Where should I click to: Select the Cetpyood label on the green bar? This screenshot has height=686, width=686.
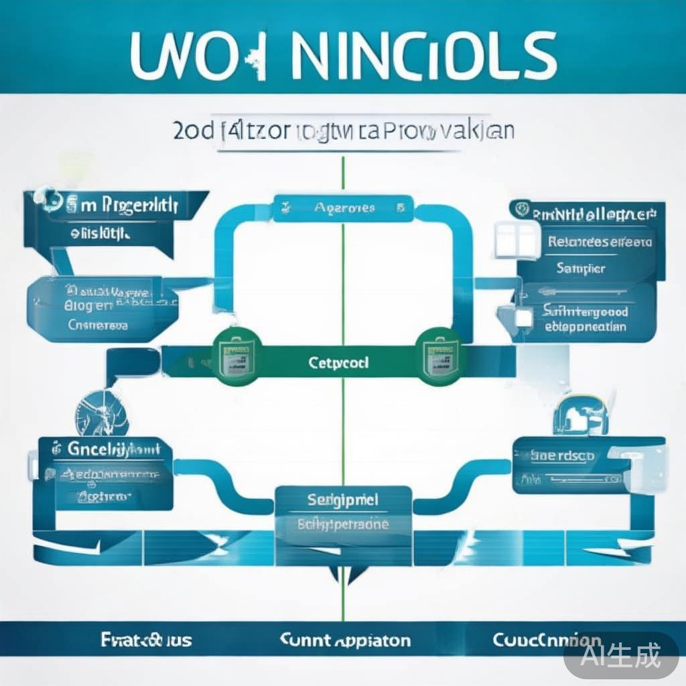click(339, 363)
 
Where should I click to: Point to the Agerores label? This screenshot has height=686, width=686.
click(344, 208)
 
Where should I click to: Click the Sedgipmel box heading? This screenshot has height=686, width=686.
click(343, 500)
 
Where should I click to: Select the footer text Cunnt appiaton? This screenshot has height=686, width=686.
click(344, 640)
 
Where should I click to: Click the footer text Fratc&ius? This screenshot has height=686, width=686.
click(146, 640)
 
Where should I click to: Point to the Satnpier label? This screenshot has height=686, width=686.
click(580, 268)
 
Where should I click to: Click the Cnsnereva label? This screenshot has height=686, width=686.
click(98, 325)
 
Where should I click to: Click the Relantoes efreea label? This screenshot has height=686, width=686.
click(599, 243)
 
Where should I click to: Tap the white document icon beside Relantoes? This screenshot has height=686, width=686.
click(517, 239)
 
